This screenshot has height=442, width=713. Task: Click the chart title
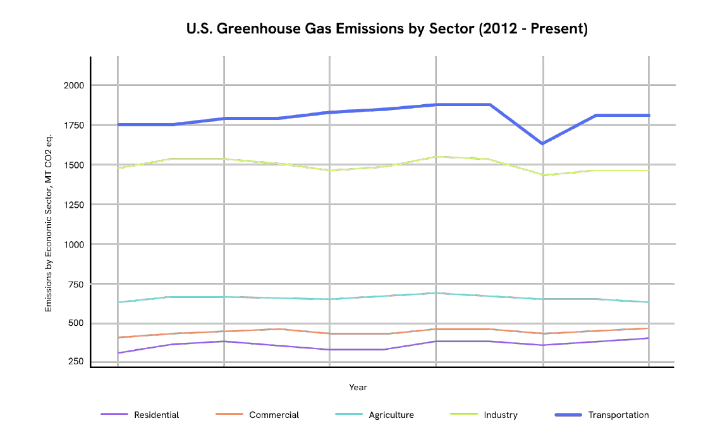coord(387,29)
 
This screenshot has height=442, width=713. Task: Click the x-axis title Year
coord(358,387)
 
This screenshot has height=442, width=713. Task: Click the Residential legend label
coord(156,415)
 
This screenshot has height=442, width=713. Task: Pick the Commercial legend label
coord(274,415)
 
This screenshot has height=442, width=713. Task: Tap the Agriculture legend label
coord(391,415)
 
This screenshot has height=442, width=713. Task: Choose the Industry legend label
coord(501,415)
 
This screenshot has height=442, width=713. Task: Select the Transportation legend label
coord(618,415)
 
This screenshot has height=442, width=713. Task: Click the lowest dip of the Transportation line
coord(543,143)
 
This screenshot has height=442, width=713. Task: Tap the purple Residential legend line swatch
coord(114,415)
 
